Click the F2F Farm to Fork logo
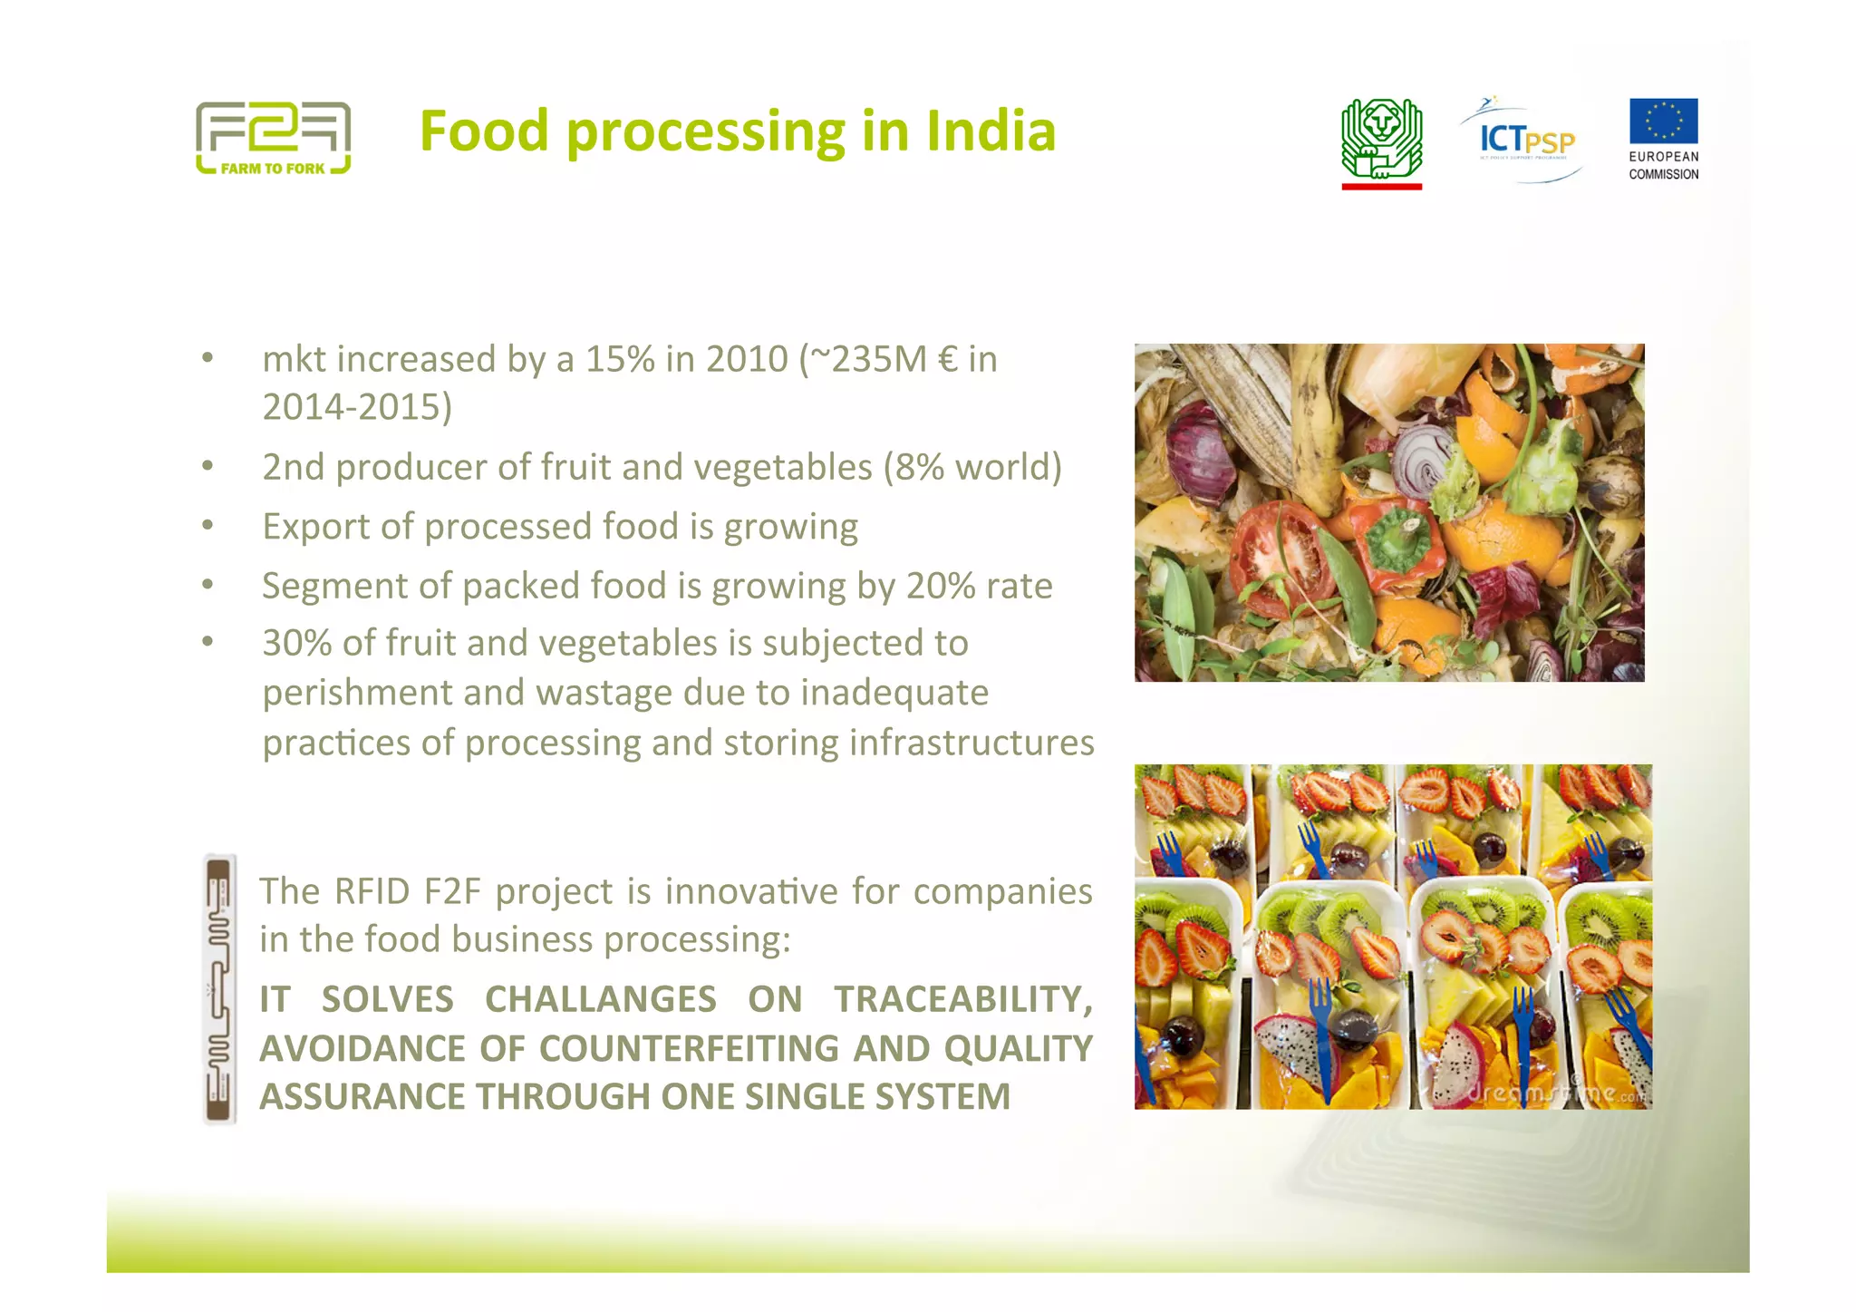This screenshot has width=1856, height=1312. click(x=273, y=138)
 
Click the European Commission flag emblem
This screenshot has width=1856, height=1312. click(x=1663, y=121)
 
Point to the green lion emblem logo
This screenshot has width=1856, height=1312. click(x=1381, y=141)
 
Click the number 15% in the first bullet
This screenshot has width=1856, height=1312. click(x=619, y=360)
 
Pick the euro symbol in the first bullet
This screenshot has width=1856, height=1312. click(x=947, y=360)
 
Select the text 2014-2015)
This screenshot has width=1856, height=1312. click(x=357, y=407)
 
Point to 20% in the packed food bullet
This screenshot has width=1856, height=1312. click(x=941, y=587)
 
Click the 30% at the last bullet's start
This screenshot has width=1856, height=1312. click(x=296, y=644)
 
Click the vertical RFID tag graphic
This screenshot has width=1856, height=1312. click(x=219, y=989)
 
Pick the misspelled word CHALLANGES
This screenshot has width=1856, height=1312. click(x=600, y=1000)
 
